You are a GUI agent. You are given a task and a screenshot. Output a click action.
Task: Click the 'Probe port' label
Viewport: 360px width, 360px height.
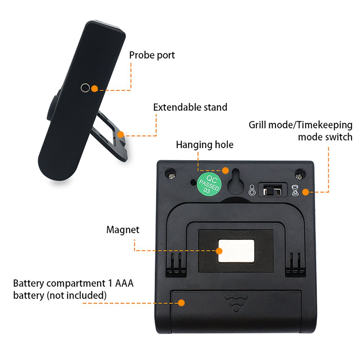click(152, 55)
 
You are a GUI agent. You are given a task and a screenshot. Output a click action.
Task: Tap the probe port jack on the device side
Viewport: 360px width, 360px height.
click(85, 87)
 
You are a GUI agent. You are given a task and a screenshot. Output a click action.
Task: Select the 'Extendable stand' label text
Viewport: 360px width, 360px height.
click(190, 107)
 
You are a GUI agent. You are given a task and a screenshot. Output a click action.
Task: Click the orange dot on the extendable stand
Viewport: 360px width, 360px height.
click(121, 134)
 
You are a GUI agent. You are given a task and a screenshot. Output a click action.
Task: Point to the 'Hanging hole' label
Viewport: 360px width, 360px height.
click(205, 145)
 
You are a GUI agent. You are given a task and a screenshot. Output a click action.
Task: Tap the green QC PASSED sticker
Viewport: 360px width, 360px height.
click(209, 184)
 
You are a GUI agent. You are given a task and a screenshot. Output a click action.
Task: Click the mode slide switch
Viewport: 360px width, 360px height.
click(273, 190)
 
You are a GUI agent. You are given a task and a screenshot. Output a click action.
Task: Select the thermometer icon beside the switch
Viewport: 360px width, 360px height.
click(252, 190)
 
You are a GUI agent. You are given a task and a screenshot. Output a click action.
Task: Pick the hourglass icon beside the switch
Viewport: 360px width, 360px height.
click(295, 190)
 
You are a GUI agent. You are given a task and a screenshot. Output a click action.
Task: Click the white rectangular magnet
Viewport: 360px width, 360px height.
click(236, 251)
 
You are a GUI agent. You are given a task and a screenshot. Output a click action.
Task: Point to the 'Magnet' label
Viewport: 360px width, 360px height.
click(123, 230)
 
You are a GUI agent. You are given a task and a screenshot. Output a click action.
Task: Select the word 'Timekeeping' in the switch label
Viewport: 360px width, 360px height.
click(324, 125)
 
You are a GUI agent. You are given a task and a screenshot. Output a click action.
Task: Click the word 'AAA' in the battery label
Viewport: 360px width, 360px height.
click(124, 283)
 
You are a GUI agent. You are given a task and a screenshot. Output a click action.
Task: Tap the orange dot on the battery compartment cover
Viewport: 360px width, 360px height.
click(182, 303)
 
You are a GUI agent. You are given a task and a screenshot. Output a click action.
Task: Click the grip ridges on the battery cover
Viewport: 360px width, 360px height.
click(236, 302)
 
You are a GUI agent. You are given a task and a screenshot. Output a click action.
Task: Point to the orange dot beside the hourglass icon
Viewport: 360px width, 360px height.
click(305, 192)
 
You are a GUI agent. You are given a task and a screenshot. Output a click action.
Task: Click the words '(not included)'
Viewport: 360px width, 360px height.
click(77, 295)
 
